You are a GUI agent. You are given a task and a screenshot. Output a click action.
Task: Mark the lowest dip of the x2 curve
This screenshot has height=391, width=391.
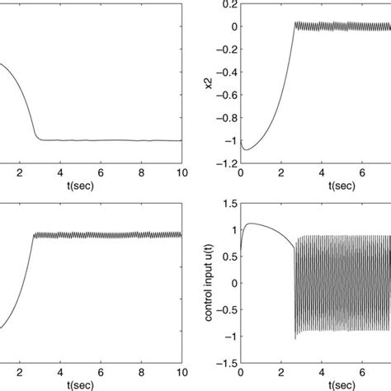(x=246, y=149)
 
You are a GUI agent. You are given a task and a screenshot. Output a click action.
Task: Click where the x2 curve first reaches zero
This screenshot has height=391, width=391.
(x=294, y=26)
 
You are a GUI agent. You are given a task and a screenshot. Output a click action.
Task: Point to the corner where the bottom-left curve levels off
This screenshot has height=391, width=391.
(x=34, y=235)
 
